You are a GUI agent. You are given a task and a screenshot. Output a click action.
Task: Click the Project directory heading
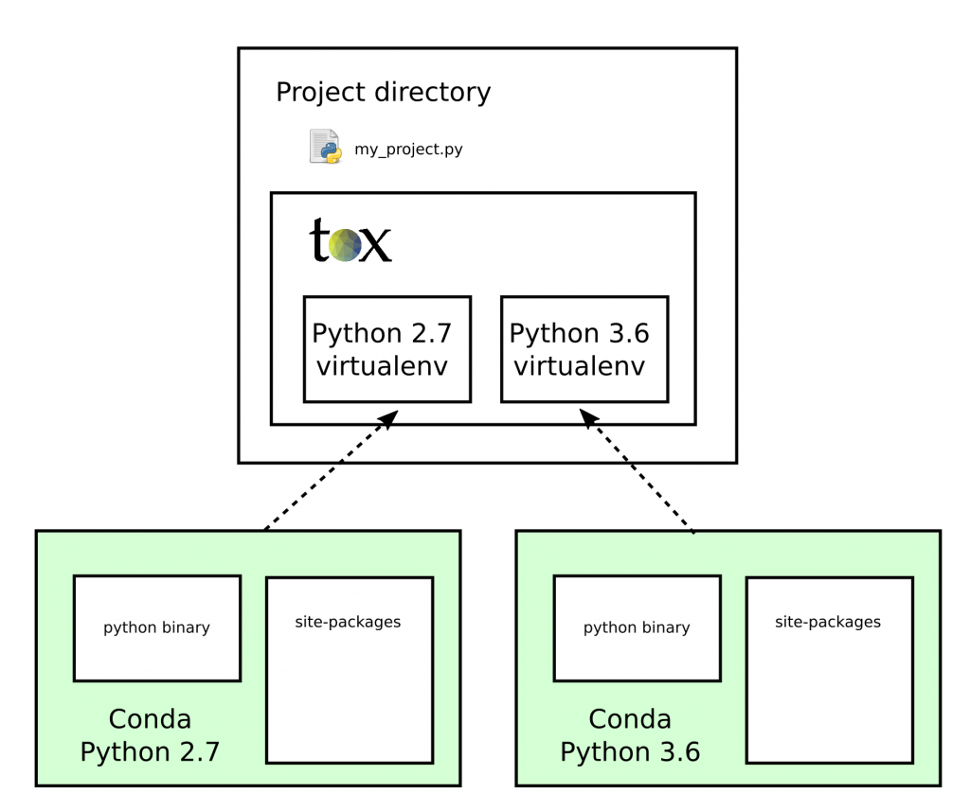(x=383, y=93)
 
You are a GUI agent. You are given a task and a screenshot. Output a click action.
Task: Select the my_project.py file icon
(x=325, y=148)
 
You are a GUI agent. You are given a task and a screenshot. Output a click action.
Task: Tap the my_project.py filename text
(x=408, y=150)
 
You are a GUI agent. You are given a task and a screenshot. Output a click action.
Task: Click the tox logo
(x=350, y=241)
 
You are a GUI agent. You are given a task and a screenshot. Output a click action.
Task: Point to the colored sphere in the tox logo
(x=345, y=245)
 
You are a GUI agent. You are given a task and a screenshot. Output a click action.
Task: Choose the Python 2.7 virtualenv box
(x=386, y=349)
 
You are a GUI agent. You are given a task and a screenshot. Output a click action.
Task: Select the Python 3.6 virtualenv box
(x=584, y=349)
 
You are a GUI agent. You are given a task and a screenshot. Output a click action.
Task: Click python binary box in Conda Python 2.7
(x=156, y=627)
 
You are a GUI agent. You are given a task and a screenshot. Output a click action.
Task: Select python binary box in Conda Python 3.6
(x=637, y=627)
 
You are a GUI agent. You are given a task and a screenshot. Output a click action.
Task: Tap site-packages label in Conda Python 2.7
(x=348, y=622)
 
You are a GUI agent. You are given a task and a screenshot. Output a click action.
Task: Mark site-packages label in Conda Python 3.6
(x=828, y=622)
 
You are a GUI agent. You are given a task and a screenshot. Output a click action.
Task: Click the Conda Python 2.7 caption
(x=150, y=735)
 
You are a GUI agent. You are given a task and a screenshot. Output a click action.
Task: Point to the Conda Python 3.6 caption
(x=630, y=735)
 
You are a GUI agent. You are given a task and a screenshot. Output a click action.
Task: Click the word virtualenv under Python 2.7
(x=382, y=366)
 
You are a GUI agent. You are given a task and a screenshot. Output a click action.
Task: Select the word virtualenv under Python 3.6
(x=579, y=366)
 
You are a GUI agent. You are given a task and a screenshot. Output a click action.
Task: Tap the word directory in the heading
(x=433, y=93)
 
